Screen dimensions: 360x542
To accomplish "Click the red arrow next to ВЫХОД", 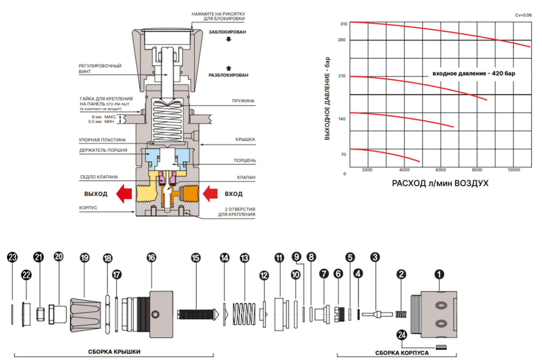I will pos(123,194).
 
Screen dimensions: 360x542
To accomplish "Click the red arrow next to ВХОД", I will pos(211,194).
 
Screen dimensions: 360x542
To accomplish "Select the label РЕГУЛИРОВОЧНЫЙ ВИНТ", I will pos(100,69).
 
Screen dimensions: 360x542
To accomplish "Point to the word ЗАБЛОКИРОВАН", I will pos(227,32).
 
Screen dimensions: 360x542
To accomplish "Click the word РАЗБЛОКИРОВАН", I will pos(228,75).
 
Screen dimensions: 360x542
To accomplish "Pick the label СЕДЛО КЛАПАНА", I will pos(97,177).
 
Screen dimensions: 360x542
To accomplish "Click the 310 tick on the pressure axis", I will pos(343,24).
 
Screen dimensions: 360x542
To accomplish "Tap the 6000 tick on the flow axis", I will pos(440,170).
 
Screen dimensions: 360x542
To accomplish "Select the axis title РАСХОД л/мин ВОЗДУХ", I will pos(440,183).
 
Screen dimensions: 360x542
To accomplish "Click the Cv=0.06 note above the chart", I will pos(523,15).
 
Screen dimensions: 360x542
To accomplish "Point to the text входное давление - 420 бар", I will pos(473,73).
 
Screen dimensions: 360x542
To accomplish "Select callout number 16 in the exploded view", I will pos(151,257).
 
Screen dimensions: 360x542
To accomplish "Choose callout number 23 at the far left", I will pos(12,257).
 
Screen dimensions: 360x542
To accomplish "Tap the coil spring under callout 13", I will pos(245,313).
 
